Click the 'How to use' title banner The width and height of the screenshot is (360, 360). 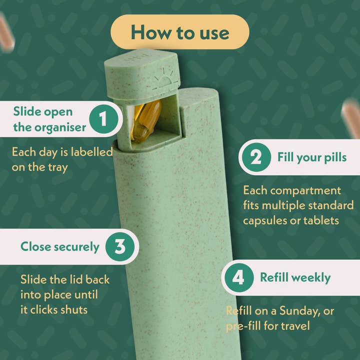tap(180, 32)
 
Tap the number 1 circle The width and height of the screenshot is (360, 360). tap(103, 119)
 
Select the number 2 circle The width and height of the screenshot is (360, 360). tap(256, 157)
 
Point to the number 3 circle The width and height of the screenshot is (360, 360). tap(119, 246)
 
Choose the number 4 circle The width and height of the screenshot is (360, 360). tap(239, 277)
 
